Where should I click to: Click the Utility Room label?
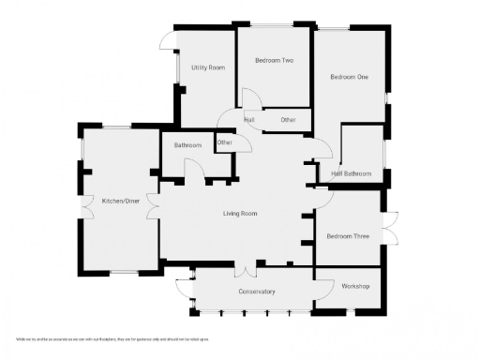click(207, 67)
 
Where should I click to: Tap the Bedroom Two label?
click(274, 61)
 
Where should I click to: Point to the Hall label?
click(249, 120)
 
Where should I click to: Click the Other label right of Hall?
click(288, 120)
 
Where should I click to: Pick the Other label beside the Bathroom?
click(225, 142)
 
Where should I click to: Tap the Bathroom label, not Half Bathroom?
click(188, 145)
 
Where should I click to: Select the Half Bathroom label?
click(351, 173)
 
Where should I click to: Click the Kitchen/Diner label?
click(121, 201)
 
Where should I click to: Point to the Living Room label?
click(239, 214)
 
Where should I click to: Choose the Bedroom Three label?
click(348, 236)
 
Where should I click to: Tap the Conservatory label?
click(257, 292)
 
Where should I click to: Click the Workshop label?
click(355, 285)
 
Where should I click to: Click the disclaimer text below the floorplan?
click(112, 338)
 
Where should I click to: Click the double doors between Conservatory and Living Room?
click(245, 270)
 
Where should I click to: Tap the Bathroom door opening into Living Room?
click(194, 168)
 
